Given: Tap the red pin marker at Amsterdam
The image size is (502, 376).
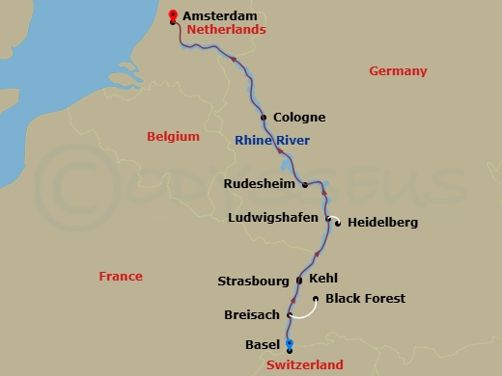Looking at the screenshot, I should pyautogui.click(x=173, y=15).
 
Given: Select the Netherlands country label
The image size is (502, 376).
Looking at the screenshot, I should pyautogui.click(x=226, y=31).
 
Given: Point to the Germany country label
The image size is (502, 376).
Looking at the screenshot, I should pyautogui.click(x=398, y=71).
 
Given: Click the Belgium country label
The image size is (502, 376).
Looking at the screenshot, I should pyautogui.click(x=173, y=137).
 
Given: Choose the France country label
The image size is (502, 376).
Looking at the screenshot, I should pyautogui.click(x=121, y=277).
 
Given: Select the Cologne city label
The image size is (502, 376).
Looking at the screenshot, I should pyautogui.click(x=299, y=118).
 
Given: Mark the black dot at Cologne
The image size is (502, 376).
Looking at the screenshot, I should pyautogui.click(x=265, y=118).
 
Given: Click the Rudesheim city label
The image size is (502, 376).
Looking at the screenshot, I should pyautogui.click(x=261, y=183).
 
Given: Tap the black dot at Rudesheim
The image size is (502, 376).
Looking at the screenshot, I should pyautogui.click(x=305, y=184).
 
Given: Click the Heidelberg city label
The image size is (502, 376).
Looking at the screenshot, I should pyautogui.click(x=382, y=223).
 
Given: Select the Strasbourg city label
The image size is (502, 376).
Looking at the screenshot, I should pyautogui.click(x=253, y=282).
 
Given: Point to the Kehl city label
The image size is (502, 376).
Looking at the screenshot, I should pyautogui.click(x=324, y=279).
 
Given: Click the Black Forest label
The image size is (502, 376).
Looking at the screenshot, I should pyautogui.click(x=365, y=299).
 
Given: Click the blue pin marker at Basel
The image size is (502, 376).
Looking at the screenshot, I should pyautogui.click(x=290, y=344).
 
